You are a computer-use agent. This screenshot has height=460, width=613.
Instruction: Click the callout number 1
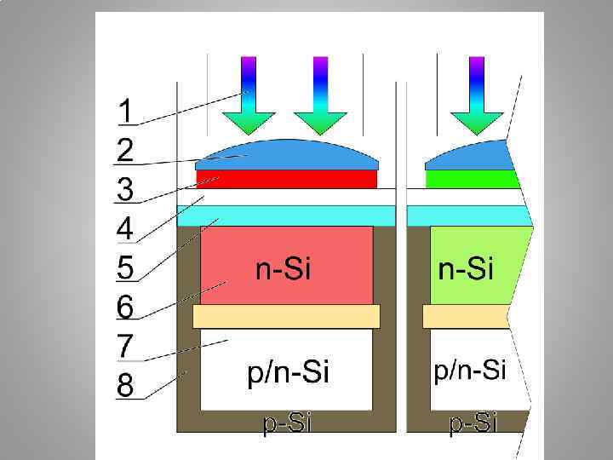[125, 111]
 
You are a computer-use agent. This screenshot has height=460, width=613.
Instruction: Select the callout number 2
[125, 150]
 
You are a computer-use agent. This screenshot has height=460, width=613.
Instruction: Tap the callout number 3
[125, 189]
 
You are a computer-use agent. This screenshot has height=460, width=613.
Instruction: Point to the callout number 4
[125, 228]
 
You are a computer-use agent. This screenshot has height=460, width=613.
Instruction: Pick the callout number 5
[125, 267]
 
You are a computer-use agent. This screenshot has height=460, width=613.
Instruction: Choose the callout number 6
[125, 307]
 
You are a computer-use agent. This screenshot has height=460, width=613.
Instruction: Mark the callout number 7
[125, 346]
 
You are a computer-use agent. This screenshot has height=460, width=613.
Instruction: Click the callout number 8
[125, 386]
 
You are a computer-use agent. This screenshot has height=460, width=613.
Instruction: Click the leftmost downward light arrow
[248, 95]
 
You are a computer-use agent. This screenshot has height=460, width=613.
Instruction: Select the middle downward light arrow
[320, 95]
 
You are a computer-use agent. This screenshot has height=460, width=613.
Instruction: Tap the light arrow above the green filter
[476, 95]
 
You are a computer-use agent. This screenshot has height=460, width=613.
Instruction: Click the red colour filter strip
[287, 179]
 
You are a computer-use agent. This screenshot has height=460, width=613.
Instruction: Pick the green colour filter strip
[472, 179]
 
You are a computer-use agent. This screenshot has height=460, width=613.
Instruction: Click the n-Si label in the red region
[284, 270]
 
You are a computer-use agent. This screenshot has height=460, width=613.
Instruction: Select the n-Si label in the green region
[466, 270]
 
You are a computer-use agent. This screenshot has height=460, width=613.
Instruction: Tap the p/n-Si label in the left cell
[287, 373]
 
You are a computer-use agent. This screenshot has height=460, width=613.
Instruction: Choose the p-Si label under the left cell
[286, 423]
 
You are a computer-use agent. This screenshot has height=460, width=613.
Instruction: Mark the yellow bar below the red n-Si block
[287, 316]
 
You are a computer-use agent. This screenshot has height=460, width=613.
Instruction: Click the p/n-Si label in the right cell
[470, 370]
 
